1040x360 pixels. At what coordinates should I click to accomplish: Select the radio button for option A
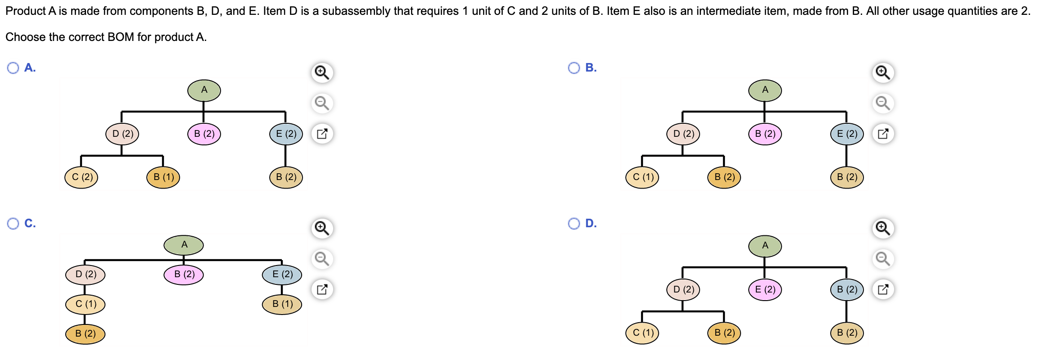point(13,68)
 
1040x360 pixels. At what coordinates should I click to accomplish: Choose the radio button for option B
point(574,68)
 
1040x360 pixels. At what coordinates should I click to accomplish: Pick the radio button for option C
point(13,224)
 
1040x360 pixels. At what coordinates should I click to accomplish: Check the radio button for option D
point(574,224)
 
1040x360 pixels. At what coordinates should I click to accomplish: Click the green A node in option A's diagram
point(204,90)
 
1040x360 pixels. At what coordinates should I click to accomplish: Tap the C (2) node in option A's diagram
point(81,177)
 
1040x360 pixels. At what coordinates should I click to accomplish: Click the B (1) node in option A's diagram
point(163,177)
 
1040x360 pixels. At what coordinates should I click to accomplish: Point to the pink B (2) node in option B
point(765,134)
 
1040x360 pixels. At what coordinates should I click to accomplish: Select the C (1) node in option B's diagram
point(642,177)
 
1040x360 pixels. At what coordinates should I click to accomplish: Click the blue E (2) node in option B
point(847,134)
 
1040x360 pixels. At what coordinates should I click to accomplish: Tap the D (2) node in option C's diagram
point(85,274)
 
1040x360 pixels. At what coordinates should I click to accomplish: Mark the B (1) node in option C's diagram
point(282,304)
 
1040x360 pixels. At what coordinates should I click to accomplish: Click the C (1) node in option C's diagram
point(85,304)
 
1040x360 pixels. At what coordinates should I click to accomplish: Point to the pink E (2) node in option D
point(765,289)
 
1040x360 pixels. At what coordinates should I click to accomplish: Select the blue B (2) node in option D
point(847,289)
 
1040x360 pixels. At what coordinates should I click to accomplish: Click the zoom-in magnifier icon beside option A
point(322,72)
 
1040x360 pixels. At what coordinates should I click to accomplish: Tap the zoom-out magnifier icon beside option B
point(883,103)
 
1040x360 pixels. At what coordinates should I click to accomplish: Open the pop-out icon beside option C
point(322,289)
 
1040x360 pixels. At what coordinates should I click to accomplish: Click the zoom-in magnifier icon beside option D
point(883,228)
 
